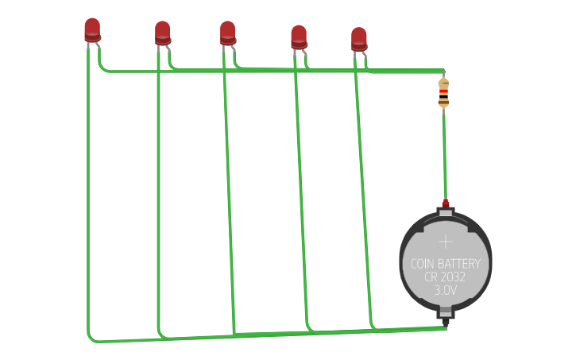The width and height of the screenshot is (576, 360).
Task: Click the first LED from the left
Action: point(92,29)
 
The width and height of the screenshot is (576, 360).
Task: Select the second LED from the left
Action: point(162,33)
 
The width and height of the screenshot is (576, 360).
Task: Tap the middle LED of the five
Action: point(227,33)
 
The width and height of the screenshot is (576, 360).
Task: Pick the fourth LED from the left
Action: point(299,37)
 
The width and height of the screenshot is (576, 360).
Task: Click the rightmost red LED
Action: point(359,39)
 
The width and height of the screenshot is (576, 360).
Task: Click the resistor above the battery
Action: point(443,93)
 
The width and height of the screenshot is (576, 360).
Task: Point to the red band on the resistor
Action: point(443,91)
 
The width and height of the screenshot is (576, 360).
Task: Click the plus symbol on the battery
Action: point(446,242)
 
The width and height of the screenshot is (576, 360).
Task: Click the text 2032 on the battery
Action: point(453,277)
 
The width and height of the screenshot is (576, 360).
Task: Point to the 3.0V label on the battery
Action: point(446,291)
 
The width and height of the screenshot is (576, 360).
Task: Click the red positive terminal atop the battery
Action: point(446,204)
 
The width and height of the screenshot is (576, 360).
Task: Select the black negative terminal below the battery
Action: point(446,322)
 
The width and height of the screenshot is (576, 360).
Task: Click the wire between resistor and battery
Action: point(445,155)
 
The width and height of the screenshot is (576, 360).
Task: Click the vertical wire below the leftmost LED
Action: point(87,199)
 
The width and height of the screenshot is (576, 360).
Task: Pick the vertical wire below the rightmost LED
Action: point(365,199)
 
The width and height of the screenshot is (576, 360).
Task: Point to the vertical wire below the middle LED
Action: point(229,199)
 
